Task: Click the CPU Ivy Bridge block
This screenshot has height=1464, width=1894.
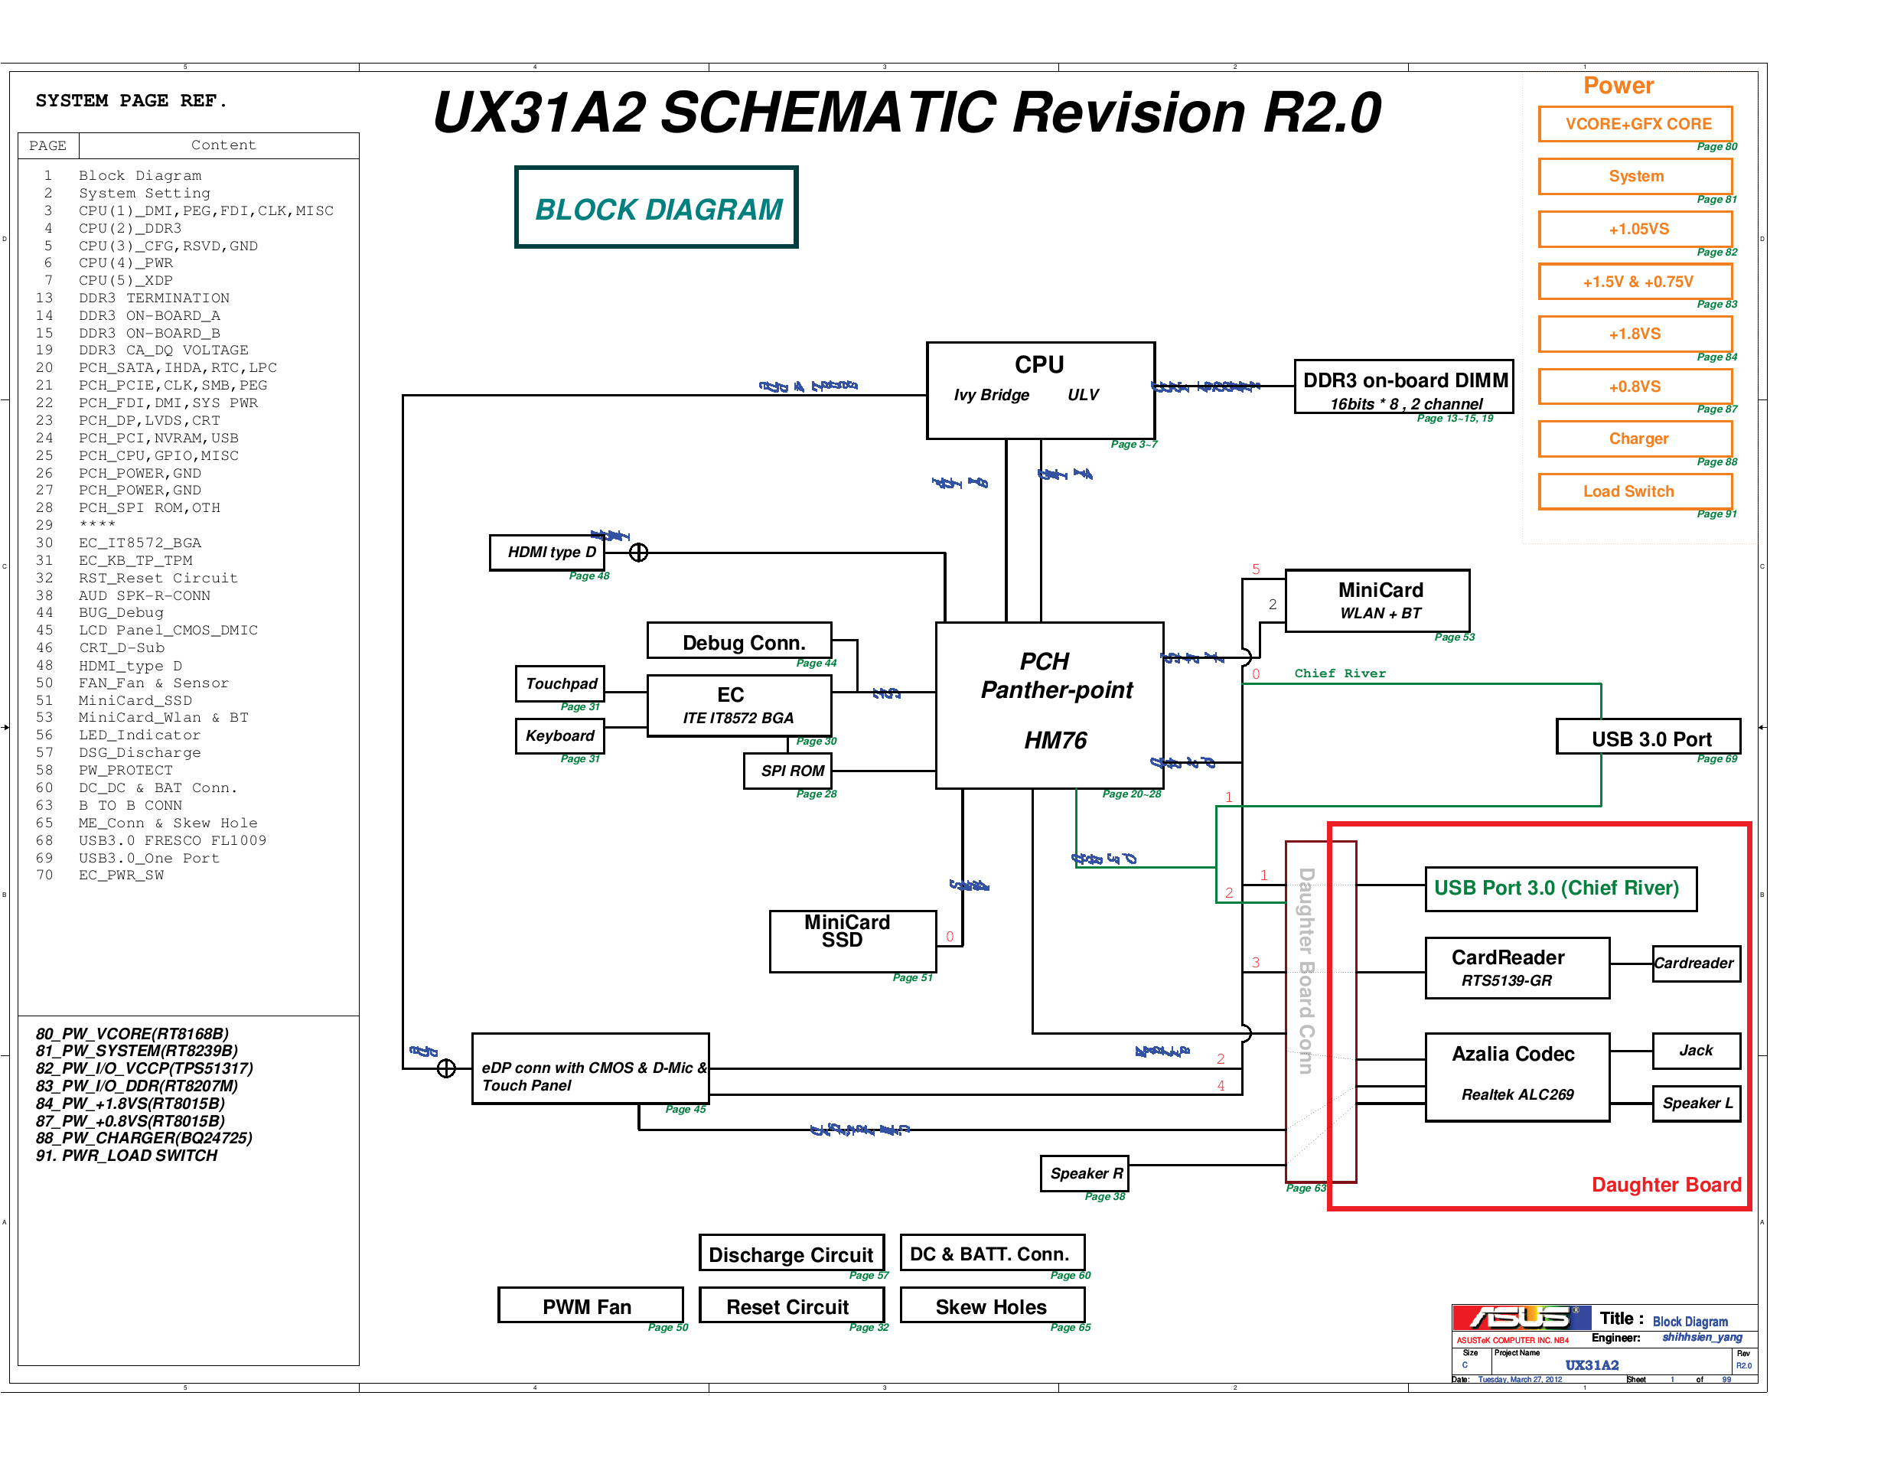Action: (1040, 390)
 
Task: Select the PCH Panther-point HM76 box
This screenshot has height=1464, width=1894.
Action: (1048, 705)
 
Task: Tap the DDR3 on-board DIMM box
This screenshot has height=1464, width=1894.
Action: (1403, 386)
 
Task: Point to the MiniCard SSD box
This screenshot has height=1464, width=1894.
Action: (852, 941)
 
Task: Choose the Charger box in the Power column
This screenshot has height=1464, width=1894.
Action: (1635, 439)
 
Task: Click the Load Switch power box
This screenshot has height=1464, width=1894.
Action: (1635, 491)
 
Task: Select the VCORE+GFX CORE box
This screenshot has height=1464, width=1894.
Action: (1635, 124)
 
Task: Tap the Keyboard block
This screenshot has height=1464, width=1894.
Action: (559, 736)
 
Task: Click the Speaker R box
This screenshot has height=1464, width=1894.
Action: (1084, 1173)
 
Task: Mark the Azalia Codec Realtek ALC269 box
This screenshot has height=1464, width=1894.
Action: (1516, 1076)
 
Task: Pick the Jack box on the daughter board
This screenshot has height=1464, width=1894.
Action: (1695, 1050)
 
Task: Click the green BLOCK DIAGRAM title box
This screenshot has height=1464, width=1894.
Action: (657, 208)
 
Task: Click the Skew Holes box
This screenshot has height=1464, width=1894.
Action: (992, 1306)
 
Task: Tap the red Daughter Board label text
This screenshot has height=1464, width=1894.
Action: (1665, 1185)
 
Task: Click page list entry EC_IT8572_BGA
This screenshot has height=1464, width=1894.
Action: (139, 543)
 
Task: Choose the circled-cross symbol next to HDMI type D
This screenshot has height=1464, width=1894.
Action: (638, 553)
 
